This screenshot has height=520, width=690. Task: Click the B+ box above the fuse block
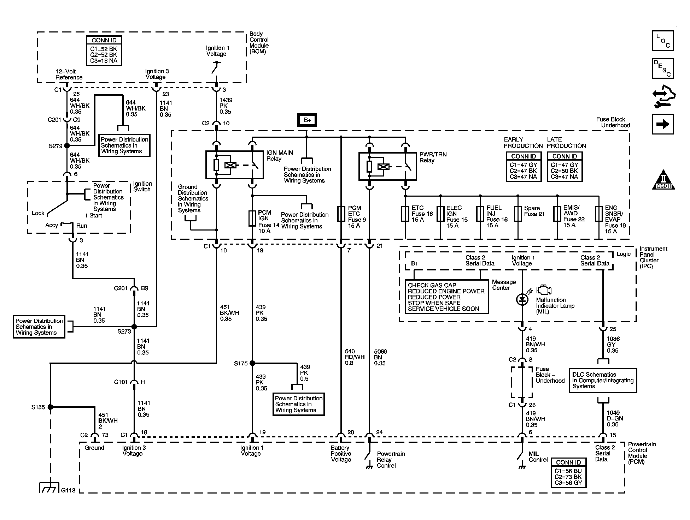pos(307,120)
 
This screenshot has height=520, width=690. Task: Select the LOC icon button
pos(662,41)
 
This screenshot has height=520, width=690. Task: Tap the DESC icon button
pos(662,68)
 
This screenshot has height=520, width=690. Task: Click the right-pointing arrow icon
pos(662,124)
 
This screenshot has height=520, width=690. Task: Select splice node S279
pos(67,145)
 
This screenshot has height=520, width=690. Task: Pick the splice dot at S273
pos(134,327)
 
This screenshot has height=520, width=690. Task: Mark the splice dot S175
pos(252,363)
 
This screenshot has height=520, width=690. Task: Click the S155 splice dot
pos(50,407)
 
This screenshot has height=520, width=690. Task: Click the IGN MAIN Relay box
pos(234,165)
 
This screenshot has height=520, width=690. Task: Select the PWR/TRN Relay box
pos(387,166)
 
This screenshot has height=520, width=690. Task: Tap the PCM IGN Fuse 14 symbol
pos(252,219)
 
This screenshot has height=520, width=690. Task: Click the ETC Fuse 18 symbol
pos(405,214)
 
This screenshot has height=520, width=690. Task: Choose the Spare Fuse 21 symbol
pos(518,214)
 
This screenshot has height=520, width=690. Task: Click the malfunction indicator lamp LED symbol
pos(522,299)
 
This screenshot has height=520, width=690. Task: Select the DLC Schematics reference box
pos(603,381)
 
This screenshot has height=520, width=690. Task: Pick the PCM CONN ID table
pos(568,473)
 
